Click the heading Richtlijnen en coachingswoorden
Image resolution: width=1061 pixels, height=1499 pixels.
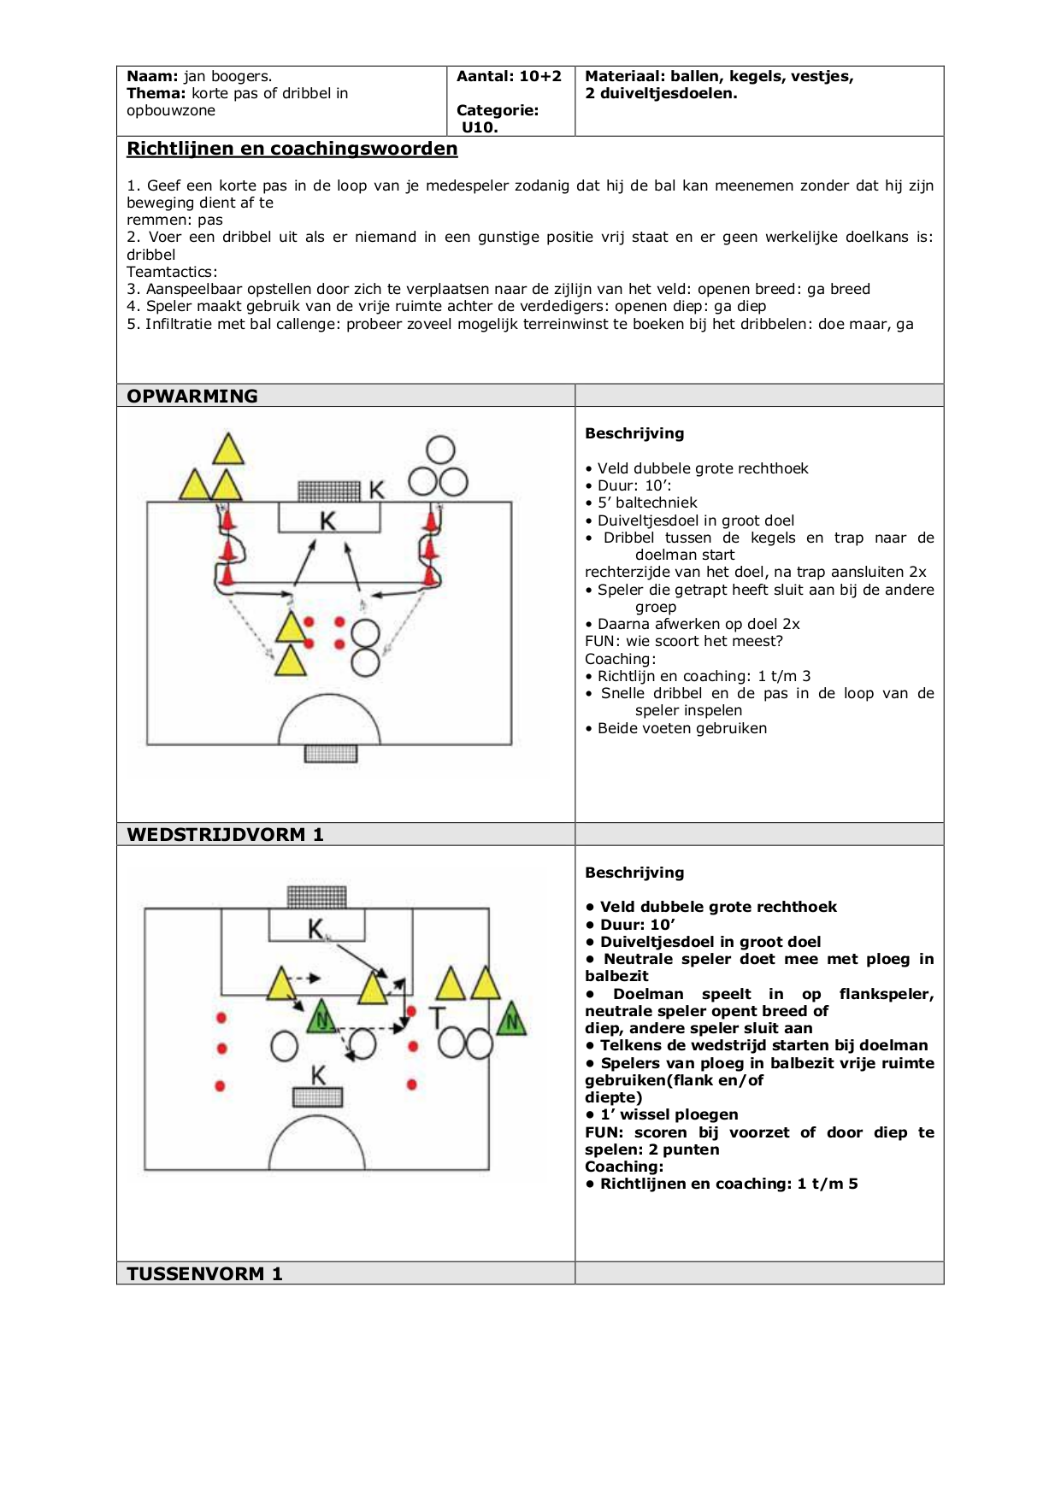point(292,149)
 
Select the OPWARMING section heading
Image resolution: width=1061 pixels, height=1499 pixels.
point(192,397)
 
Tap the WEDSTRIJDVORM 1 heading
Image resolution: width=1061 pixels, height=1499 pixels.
point(225,835)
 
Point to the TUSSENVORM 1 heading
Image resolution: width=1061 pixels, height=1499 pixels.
point(204,1273)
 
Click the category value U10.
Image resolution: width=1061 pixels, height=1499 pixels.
point(480,127)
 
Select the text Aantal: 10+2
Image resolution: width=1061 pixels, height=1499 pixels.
point(510,76)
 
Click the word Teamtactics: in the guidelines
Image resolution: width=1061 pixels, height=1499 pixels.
point(172,272)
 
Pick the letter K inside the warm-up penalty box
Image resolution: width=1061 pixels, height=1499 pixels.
point(328,520)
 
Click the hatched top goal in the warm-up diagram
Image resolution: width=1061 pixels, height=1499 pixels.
point(329,491)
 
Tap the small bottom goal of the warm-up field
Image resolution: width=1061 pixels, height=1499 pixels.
point(331,753)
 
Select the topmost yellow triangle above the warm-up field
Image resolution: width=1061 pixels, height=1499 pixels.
point(227,449)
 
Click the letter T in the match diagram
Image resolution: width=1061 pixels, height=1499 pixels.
point(437,1018)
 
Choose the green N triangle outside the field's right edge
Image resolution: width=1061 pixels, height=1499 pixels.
point(511,1018)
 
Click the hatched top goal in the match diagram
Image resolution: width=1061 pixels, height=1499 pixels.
point(317,896)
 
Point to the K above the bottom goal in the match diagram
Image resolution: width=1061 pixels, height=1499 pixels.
point(318,1075)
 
